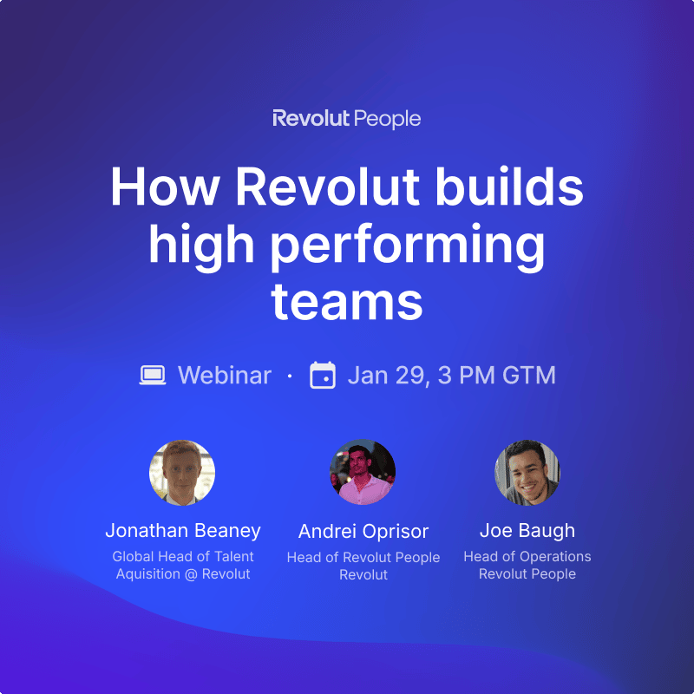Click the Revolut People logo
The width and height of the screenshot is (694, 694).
(x=346, y=119)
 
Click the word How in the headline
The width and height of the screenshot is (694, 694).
(x=165, y=187)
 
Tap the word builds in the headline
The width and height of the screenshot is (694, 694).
(x=509, y=186)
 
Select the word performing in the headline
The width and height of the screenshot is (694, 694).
(x=407, y=246)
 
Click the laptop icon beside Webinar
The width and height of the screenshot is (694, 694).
(x=153, y=376)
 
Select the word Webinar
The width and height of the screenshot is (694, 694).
(x=225, y=376)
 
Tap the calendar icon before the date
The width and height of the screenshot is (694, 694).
(x=322, y=375)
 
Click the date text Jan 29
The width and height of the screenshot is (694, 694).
(x=387, y=376)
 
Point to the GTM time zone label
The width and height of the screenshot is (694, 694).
(x=529, y=376)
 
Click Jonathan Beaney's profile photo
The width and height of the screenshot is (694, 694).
(x=182, y=473)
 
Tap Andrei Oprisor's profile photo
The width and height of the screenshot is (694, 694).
(x=363, y=472)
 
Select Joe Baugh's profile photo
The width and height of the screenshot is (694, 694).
(x=527, y=473)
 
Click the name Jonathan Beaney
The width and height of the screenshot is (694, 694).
(x=183, y=531)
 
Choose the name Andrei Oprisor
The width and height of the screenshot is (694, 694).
(x=363, y=532)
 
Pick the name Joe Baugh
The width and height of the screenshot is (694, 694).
(x=527, y=531)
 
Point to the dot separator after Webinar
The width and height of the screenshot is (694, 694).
(x=290, y=376)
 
